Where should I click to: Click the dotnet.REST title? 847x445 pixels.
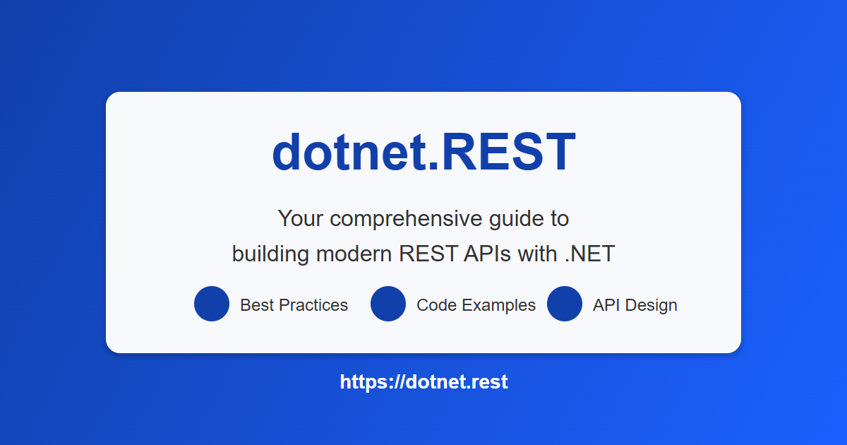click(x=423, y=153)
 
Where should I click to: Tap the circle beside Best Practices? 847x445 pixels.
click(x=212, y=304)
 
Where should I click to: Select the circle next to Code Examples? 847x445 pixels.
click(x=388, y=304)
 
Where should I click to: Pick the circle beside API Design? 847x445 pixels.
click(x=565, y=304)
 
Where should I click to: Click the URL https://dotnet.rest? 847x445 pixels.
click(x=423, y=382)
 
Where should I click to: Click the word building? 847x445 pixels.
click(x=270, y=254)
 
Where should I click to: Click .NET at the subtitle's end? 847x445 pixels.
click(x=590, y=254)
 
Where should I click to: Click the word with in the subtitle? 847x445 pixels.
click(x=538, y=254)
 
